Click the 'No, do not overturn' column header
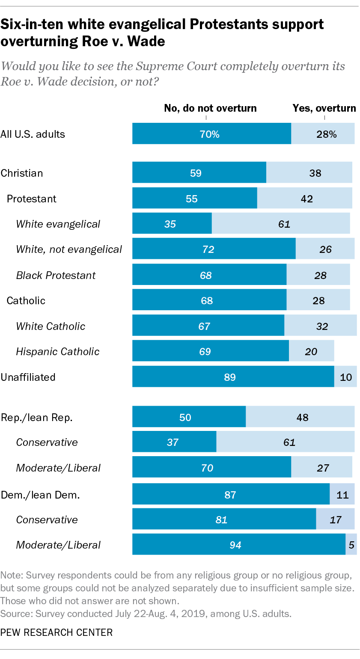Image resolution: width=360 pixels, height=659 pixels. click(210, 108)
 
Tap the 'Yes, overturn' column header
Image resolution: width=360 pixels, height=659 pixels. click(324, 108)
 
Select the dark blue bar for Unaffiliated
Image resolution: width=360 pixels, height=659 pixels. click(233, 377)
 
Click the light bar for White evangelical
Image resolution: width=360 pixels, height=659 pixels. click(281, 224)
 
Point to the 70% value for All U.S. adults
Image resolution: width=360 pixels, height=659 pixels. click(210, 134)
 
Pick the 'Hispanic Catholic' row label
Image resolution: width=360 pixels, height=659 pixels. click(58, 352)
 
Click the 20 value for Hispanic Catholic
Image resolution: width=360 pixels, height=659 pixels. click(311, 352)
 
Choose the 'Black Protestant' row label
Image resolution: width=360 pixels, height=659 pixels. click(56, 275)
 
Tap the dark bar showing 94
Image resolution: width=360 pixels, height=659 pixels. click(238, 545)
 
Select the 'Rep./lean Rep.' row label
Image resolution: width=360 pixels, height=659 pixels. click(36, 418)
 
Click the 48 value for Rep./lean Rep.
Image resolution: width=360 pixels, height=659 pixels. click(302, 418)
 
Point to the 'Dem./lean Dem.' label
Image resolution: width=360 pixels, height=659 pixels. click(41, 495)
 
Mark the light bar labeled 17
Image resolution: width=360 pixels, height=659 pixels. click(335, 520)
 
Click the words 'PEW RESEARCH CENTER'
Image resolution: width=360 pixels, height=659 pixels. click(57, 632)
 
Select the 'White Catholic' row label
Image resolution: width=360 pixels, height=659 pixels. click(51, 327)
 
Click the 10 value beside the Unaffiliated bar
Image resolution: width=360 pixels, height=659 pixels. click(346, 377)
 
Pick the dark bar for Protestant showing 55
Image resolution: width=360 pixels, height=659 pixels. click(194, 198)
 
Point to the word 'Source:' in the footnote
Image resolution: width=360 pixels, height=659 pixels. click(16, 614)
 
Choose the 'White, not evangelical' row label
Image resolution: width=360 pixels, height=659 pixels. click(69, 249)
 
